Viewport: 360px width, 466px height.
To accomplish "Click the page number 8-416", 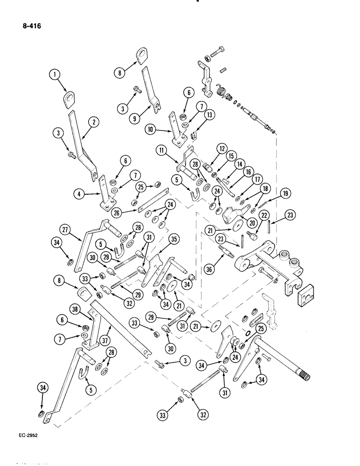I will pyautogui.click(x=31, y=27).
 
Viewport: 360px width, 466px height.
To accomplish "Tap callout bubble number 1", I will pyautogui.click(x=55, y=75).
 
